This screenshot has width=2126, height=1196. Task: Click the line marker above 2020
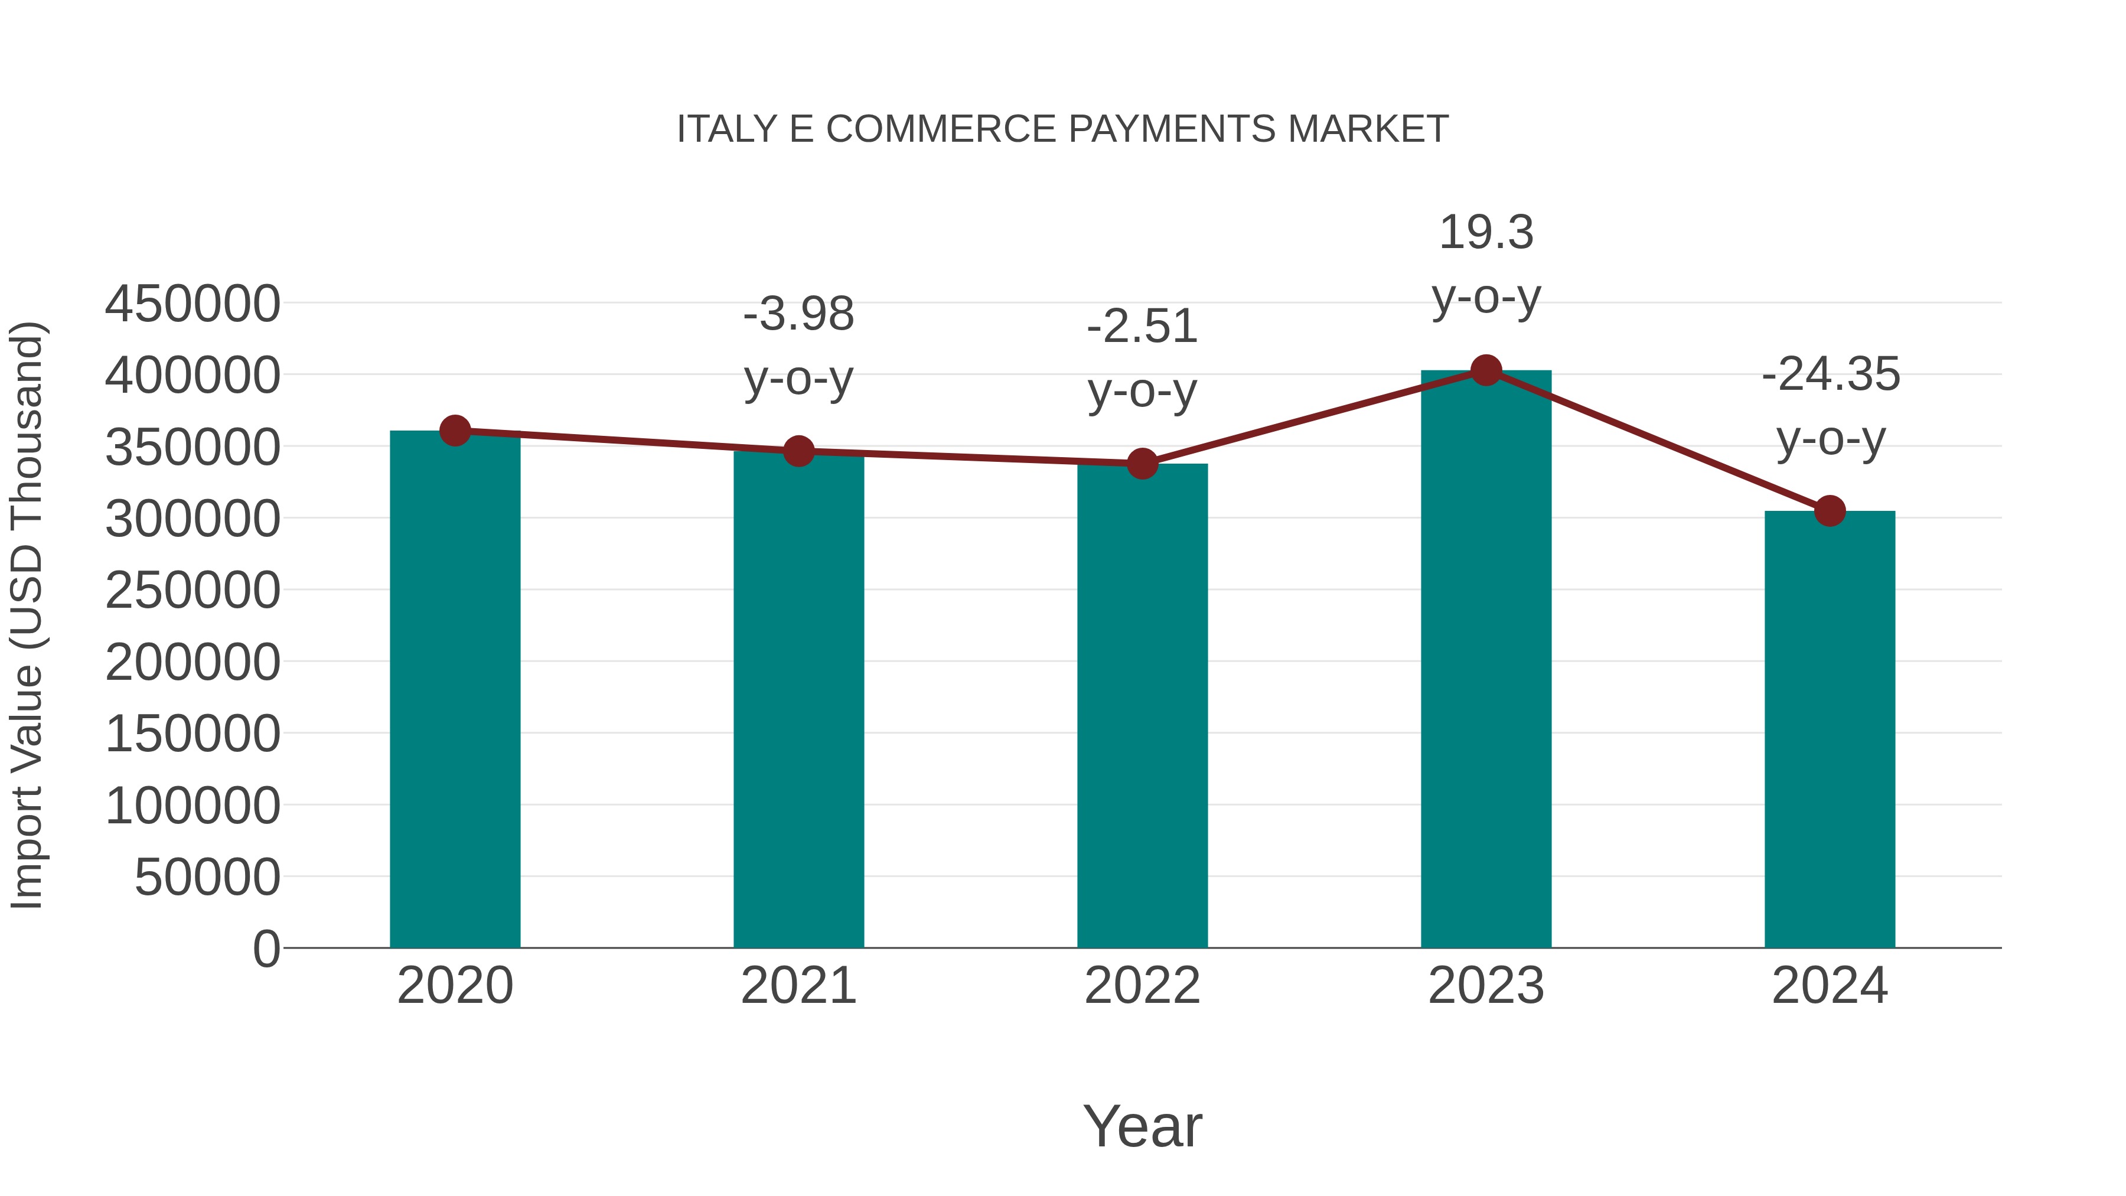[x=455, y=430]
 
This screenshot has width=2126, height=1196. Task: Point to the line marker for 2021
[x=798, y=451]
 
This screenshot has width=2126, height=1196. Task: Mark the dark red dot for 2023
[x=1486, y=370]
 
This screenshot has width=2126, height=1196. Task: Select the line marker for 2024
[x=1830, y=511]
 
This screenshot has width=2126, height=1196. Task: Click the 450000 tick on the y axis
[x=193, y=304]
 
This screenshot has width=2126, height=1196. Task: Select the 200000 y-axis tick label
[x=193, y=662]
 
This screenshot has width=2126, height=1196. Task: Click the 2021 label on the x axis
[x=798, y=986]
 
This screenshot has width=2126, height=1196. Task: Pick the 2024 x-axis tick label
[x=1830, y=986]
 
